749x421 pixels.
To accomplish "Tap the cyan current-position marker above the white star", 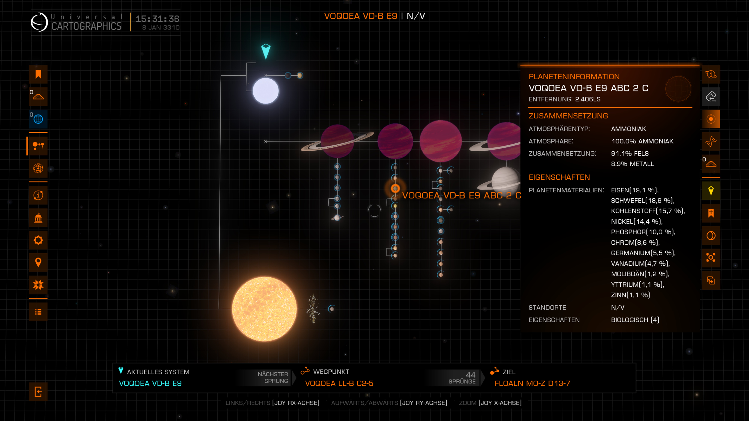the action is (x=266, y=51).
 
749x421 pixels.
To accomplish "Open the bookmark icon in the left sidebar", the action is (x=38, y=74).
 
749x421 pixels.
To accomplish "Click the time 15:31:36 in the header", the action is (x=157, y=19).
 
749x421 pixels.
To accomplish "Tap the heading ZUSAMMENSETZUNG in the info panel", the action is (x=568, y=116).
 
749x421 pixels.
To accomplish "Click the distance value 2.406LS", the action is (x=588, y=99).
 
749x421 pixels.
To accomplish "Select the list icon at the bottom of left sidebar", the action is (x=38, y=312).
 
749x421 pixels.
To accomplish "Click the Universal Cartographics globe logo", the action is (x=39, y=22).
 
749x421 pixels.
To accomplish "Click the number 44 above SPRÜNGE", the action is (x=470, y=375).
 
